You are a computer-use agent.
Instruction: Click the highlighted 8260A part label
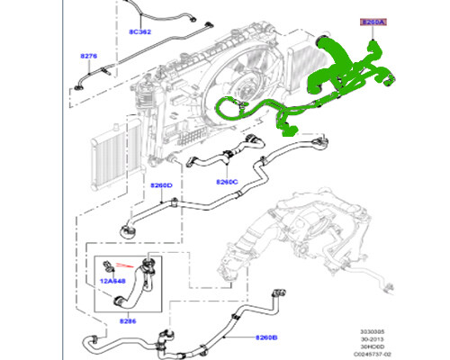click(x=371, y=20)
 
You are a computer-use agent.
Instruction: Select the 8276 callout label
click(x=88, y=56)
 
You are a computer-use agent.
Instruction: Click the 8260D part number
click(x=161, y=186)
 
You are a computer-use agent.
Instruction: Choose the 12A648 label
click(x=112, y=280)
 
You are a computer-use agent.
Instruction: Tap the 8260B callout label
click(x=266, y=338)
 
